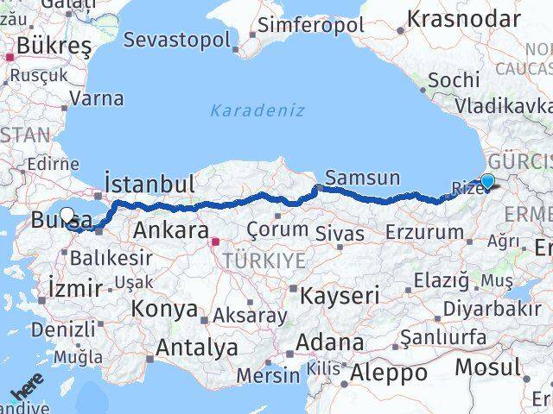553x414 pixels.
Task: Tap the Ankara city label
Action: pyautogui.click(x=170, y=231)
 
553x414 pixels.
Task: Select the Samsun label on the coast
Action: pyautogui.click(x=363, y=179)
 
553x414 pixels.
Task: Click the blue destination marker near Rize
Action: pyautogui.click(x=487, y=182)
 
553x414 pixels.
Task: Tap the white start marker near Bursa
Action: pyautogui.click(x=67, y=215)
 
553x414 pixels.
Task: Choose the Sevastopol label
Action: pyautogui.click(x=177, y=40)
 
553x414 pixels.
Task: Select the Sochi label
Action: pyautogui.click(x=454, y=79)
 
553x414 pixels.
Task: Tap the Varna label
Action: pyautogui.click(x=96, y=97)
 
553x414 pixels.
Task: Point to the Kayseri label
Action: pyautogui.click(x=340, y=295)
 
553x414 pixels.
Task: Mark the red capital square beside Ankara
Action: pyautogui.click(x=215, y=242)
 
